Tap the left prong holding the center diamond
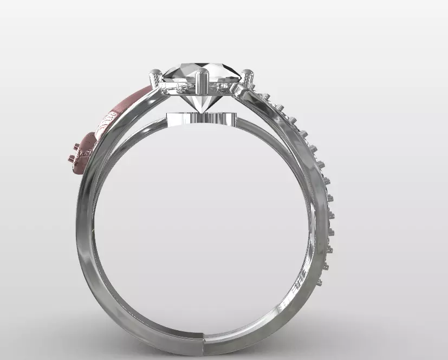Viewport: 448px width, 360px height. [x=156, y=80]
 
